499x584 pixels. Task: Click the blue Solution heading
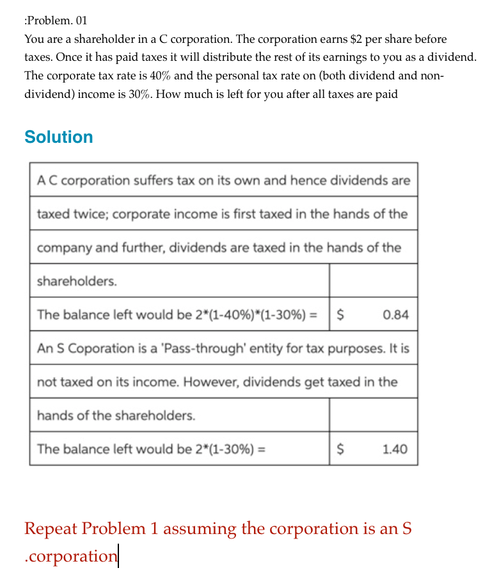[58, 137]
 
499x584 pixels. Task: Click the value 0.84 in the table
[395, 314]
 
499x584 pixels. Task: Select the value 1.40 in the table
[395, 449]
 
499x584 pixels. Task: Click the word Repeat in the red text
[51, 529]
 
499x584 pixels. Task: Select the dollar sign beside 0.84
[341, 314]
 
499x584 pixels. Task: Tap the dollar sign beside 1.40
[341, 449]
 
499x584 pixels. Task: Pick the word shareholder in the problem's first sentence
[100, 39]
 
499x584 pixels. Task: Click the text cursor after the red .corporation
[118, 556]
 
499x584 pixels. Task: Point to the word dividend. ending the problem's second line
[452, 57]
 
